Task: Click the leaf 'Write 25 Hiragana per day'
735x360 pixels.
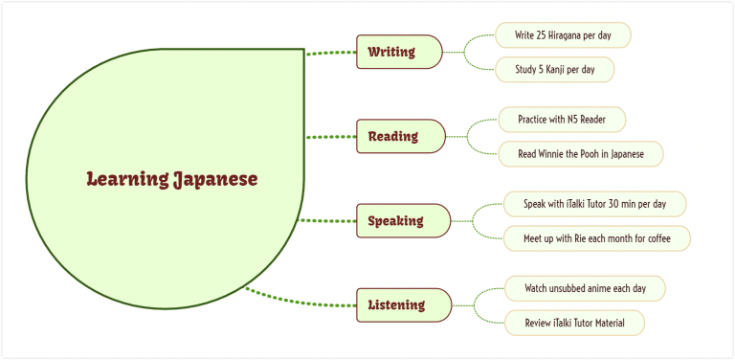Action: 563,34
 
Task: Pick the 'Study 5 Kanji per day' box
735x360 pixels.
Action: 554,70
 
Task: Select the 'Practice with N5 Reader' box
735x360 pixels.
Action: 562,120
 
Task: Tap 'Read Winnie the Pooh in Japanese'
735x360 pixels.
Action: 580,154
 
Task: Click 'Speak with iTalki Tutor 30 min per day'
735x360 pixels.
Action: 594,204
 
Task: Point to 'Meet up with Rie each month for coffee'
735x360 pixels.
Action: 596,238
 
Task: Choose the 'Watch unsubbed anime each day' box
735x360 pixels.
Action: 584,288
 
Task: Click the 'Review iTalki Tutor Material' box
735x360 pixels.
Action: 574,323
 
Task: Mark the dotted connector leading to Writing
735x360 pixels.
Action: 330,54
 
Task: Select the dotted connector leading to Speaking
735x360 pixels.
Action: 329,221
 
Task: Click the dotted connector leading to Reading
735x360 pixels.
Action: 330,137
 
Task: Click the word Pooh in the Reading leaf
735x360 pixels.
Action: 594,154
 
